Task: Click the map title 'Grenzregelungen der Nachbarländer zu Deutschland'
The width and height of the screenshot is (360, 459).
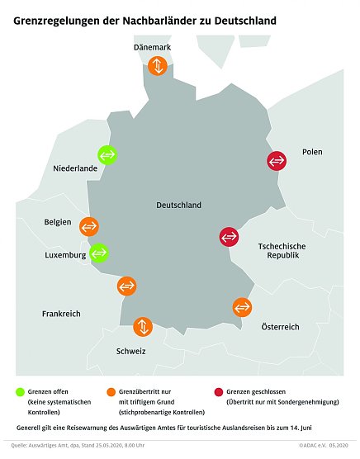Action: click(144, 17)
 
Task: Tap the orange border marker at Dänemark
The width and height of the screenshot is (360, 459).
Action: click(156, 67)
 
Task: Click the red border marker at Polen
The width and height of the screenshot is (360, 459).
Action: click(277, 161)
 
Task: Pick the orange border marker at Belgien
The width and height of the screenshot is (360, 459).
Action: click(88, 225)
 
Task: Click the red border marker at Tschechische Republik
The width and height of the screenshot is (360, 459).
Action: click(229, 237)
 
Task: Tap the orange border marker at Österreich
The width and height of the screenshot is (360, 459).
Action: click(242, 307)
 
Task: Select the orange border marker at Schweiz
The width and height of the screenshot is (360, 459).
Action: click(143, 326)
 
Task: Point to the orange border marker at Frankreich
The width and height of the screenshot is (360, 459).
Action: click(126, 286)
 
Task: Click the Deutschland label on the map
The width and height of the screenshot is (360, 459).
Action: click(178, 205)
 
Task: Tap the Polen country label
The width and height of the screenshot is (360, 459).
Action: click(312, 152)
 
